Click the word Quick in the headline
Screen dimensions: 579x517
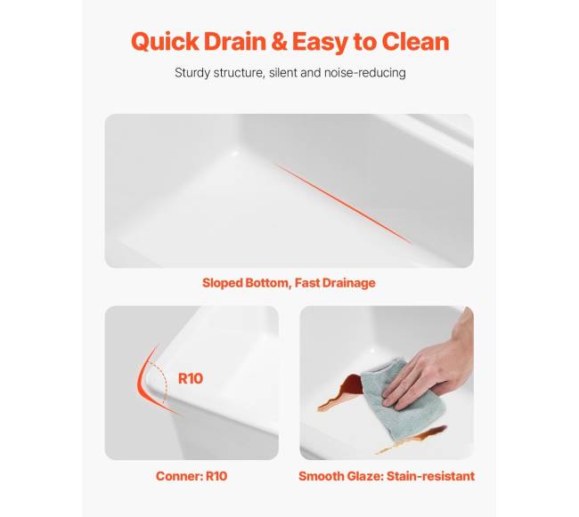(x=165, y=42)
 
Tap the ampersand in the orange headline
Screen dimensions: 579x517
(x=280, y=41)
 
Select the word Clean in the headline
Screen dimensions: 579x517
(x=415, y=41)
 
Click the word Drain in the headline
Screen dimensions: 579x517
(x=235, y=41)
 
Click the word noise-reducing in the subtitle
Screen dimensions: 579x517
(x=365, y=73)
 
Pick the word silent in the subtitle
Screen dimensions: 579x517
(x=283, y=73)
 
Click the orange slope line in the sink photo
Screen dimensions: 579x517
(x=345, y=205)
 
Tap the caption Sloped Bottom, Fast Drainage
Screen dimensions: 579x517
(x=289, y=283)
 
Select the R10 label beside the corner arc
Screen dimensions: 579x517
(x=191, y=378)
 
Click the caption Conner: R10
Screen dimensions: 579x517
(x=192, y=476)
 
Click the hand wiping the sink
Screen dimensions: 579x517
(x=432, y=373)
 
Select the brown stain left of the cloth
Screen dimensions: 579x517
(x=341, y=392)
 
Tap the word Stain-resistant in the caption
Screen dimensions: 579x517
(x=430, y=476)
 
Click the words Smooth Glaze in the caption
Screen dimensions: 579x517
(x=340, y=476)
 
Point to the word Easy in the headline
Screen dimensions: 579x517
(x=321, y=43)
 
